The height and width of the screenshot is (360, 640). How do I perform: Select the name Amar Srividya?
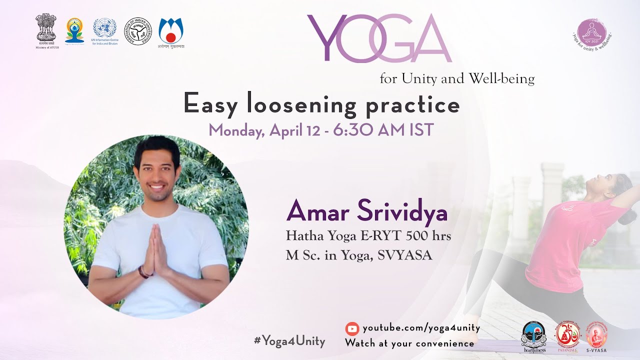click(366, 212)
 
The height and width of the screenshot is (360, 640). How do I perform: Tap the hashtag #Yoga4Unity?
click(289, 341)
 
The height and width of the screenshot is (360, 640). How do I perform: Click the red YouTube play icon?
click(352, 328)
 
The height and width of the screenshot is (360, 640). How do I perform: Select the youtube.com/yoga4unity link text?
click(421, 328)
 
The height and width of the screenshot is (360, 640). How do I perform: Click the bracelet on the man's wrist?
click(143, 271)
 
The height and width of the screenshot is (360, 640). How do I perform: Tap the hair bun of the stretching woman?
click(626, 216)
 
